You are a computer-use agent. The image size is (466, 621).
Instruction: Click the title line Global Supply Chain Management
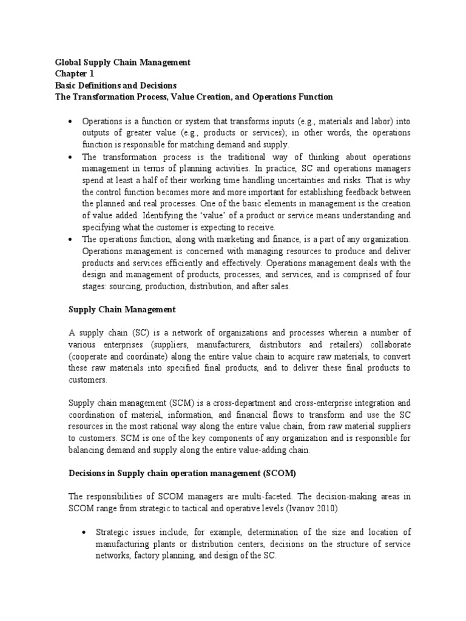123,62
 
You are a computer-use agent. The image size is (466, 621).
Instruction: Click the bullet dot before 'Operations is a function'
70,121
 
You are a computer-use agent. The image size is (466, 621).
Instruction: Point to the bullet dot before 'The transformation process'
70,156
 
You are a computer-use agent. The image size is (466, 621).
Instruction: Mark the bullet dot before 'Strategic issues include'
84,532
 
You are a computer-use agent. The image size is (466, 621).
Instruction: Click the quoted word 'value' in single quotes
201,215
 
